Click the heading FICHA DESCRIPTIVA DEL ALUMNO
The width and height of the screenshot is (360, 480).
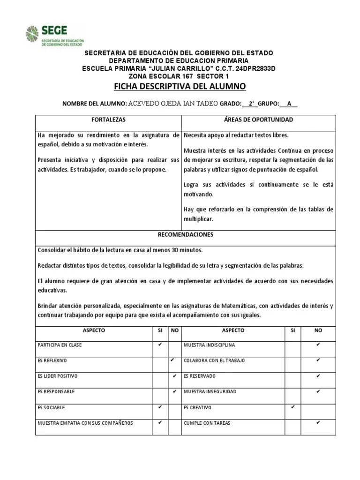pos(180,87)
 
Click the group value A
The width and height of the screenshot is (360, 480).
pos(289,104)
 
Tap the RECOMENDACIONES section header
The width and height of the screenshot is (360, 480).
pos(186,234)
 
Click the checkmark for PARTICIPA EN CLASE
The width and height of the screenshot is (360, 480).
pos(160,345)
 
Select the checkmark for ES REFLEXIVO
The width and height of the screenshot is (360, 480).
pos(173,360)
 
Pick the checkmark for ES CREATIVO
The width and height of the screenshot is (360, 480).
pos(293,407)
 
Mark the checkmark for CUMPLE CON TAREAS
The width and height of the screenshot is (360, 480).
pos(318,422)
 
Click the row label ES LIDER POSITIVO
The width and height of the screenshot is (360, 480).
pos(57,376)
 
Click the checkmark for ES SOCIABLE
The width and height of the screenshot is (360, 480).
pos(160,407)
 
